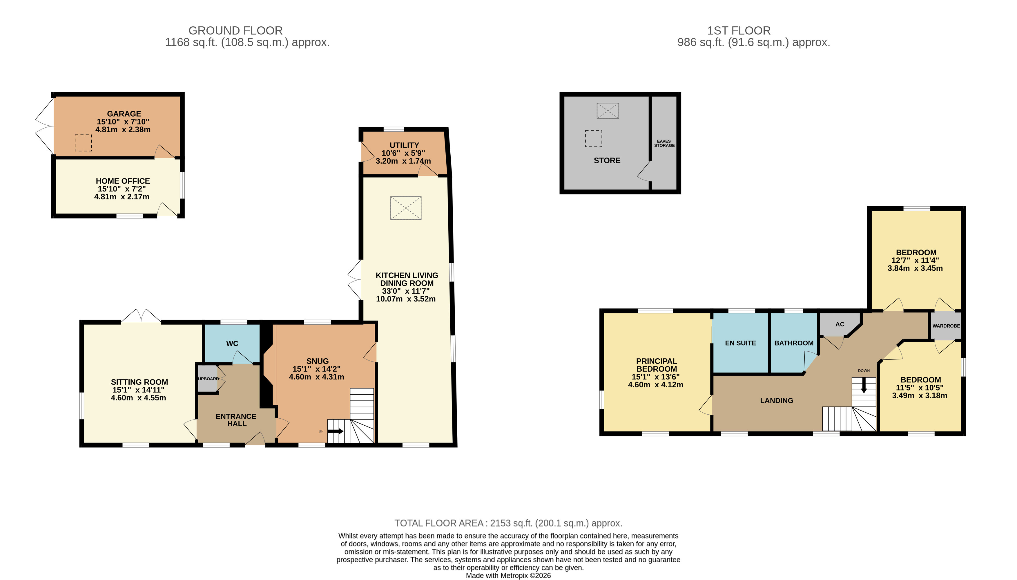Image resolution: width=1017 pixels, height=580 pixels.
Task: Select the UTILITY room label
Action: pyautogui.click(x=404, y=145)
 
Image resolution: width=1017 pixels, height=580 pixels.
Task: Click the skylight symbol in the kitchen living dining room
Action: pyautogui.click(x=406, y=208)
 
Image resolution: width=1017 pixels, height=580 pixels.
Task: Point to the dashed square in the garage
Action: pyautogui.click(x=83, y=143)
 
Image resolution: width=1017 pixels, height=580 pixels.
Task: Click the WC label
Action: pyautogui.click(x=232, y=343)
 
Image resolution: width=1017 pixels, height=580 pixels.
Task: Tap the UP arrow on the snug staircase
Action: pyautogui.click(x=336, y=431)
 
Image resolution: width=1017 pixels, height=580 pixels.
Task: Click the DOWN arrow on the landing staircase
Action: pyautogui.click(x=863, y=385)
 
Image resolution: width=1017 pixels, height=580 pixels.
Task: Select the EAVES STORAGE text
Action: pyautogui.click(x=664, y=143)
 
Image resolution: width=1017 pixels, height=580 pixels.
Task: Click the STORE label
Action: pyautogui.click(x=607, y=160)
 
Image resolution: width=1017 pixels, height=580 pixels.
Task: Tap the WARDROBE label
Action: pyautogui.click(x=946, y=326)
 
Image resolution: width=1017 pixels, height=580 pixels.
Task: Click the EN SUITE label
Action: pyautogui.click(x=740, y=343)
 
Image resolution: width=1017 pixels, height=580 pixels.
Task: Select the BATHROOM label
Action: pyautogui.click(x=794, y=343)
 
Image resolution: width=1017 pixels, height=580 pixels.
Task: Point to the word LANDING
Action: pyautogui.click(x=776, y=401)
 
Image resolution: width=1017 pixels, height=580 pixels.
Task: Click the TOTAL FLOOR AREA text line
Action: pyautogui.click(x=508, y=523)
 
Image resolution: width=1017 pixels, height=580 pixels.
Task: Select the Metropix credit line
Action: pyautogui.click(x=508, y=576)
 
